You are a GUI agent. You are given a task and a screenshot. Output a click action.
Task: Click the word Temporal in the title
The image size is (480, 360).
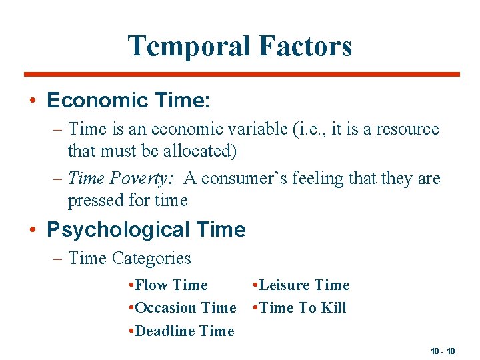188,47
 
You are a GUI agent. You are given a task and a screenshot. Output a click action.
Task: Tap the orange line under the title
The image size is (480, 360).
241,74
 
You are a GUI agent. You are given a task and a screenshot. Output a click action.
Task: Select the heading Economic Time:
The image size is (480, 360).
129,101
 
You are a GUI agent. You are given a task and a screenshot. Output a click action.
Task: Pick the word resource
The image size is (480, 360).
407,129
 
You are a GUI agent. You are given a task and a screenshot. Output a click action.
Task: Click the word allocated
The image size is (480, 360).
201,151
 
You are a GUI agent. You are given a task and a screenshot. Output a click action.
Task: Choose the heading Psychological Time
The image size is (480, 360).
146,230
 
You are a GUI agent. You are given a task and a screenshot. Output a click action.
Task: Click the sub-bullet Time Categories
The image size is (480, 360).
129,258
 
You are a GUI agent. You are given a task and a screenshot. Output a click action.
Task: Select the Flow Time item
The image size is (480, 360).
171,285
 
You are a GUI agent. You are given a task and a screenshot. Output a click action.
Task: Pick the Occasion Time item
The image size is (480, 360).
185,308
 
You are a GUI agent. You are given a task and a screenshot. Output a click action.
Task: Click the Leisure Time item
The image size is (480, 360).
303,285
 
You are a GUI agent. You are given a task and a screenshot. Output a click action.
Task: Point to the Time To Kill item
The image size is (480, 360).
302,308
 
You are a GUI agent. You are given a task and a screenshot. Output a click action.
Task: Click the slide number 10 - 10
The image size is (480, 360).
443,351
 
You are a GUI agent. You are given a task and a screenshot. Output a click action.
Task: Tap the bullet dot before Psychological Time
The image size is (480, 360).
32,231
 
